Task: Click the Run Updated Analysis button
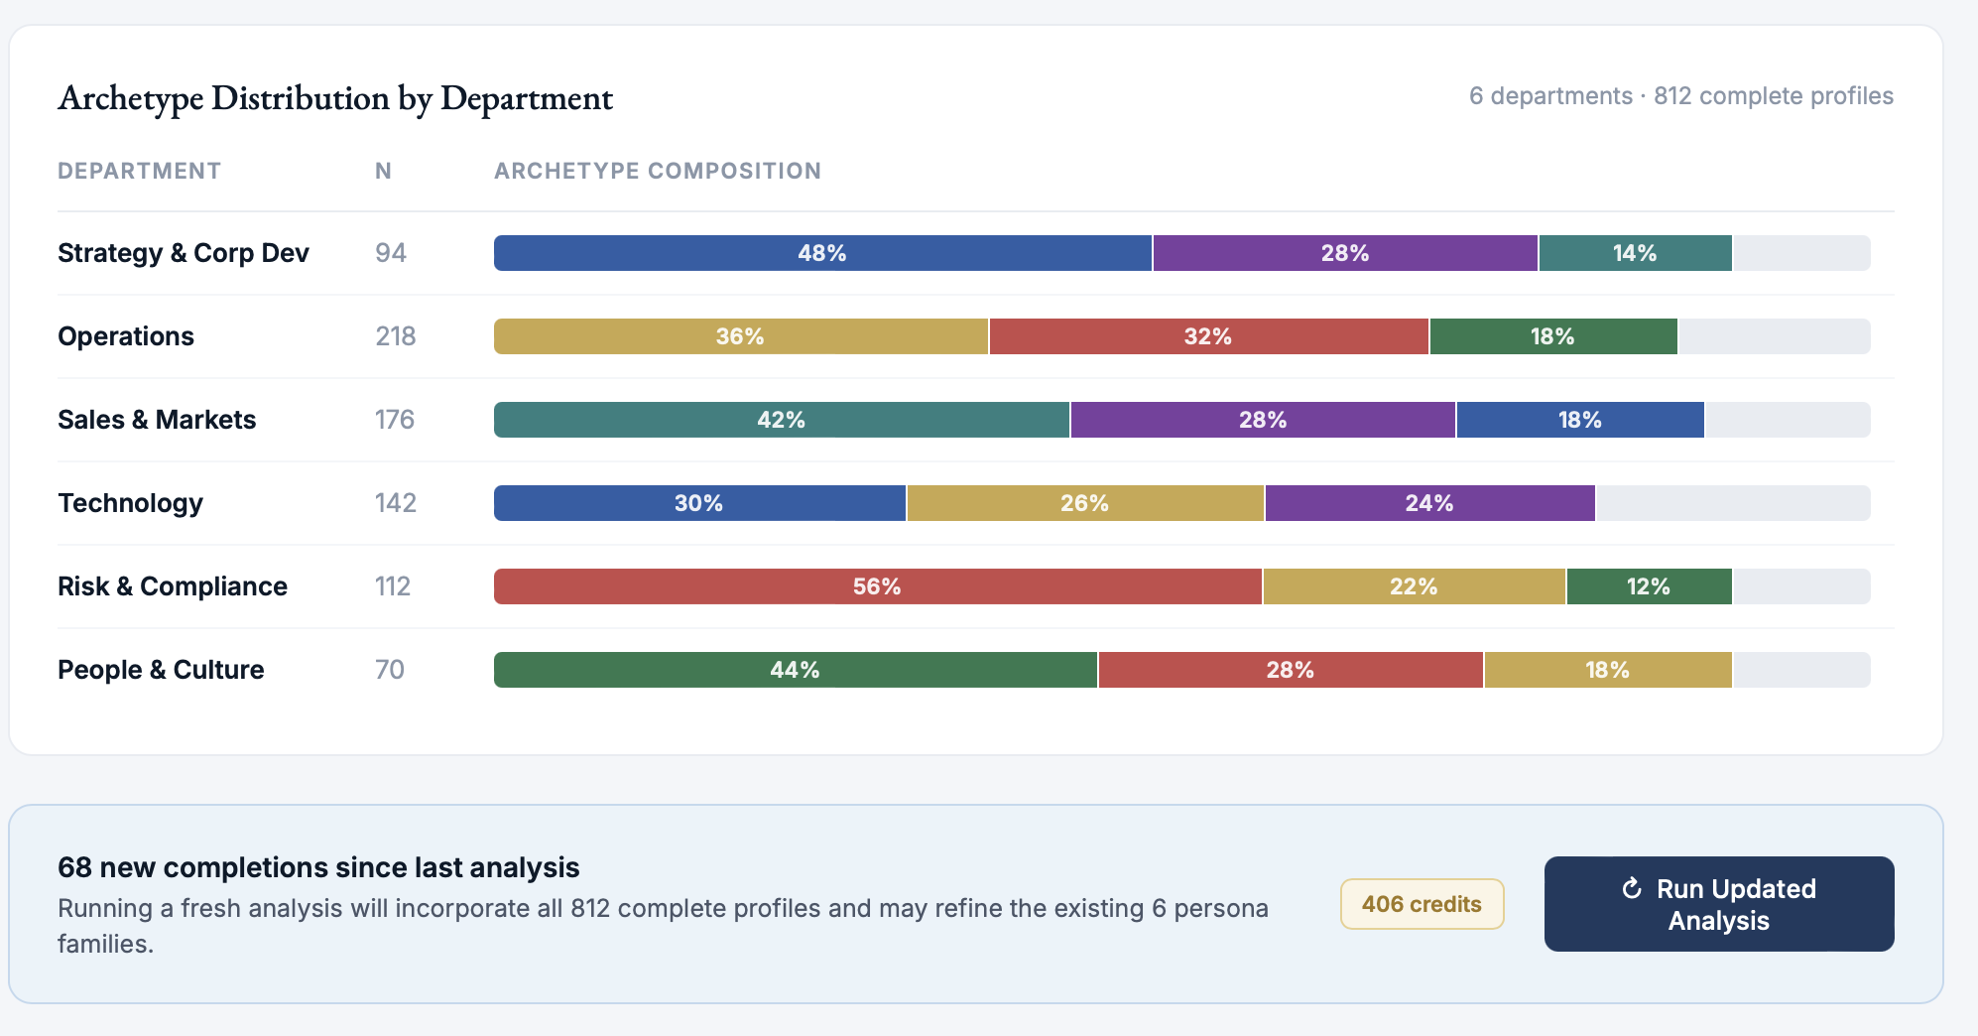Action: click(x=1718, y=904)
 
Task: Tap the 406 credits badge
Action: click(x=1421, y=904)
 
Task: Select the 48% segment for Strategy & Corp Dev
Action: click(x=822, y=253)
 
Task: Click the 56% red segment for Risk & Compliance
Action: click(x=877, y=586)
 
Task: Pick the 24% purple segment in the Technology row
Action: click(x=1428, y=503)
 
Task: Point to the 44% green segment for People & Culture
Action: click(x=795, y=670)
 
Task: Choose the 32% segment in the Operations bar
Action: click(x=1207, y=336)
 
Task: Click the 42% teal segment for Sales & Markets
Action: click(x=781, y=420)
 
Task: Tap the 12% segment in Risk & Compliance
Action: click(x=1648, y=586)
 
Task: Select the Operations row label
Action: click(x=126, y=336)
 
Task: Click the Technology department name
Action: click(x=130, y=503)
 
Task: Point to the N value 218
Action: click(x=395, y=336)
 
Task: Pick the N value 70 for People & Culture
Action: click(x=389, y=670)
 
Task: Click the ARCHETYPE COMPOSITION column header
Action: click(x=657, y=171)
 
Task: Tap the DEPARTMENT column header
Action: click(x=139, y=171)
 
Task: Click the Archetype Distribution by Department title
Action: click(x=335, y=98)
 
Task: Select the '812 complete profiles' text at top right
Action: click(x=1773, y=96)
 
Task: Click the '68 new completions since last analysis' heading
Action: click(x=318, y=867)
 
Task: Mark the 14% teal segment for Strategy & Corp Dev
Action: click(x=1634, y=253)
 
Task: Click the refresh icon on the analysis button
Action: click(x=1631, y=888)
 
